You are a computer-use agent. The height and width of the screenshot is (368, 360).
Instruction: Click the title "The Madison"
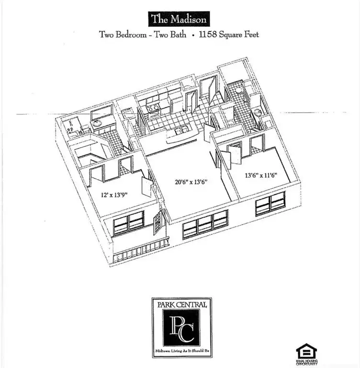pyautogui.click(x=179, y=19)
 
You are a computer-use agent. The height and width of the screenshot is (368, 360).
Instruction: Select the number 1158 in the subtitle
pyautogui.click(x=208, y=34)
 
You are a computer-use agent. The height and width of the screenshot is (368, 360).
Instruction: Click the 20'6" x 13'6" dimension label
pyautogui.click(x=191, y=182)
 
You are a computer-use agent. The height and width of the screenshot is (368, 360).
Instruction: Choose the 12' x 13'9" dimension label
pyautogui.click(x=114, y=195)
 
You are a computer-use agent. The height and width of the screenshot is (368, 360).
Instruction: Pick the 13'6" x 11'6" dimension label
pyautogui.click(x=261, y=175)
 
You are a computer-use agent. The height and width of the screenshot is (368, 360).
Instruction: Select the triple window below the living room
pyautogui.click(x=205, y=224)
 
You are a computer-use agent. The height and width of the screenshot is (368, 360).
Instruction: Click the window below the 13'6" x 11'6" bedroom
pyautogui.click(x=270, y=204)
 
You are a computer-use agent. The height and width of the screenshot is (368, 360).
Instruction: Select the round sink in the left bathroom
pyautogui.click(x=96, y=123)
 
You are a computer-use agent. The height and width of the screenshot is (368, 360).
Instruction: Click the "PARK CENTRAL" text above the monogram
pyautogui.click(x=182, y=305)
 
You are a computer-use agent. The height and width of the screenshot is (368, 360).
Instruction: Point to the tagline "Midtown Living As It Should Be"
pyautogui.click(x=182, y=351)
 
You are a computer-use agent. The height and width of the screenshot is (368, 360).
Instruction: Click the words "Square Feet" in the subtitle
pyautogui.click(x=239, y=34)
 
